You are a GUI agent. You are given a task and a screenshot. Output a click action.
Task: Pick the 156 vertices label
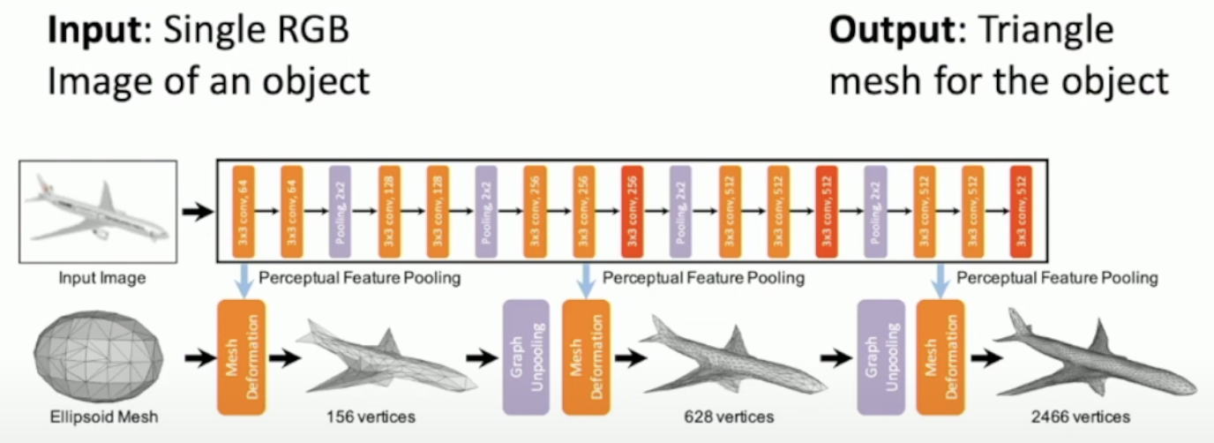coord(370,416)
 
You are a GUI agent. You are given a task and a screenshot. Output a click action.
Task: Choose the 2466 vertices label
coord(1084,416)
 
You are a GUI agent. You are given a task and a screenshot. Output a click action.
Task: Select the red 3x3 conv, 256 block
coord(632,210)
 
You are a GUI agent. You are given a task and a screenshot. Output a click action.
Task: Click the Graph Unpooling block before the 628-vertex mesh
coord(526,357)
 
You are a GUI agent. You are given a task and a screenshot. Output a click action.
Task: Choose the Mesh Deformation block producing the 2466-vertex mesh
coord(940,357)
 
